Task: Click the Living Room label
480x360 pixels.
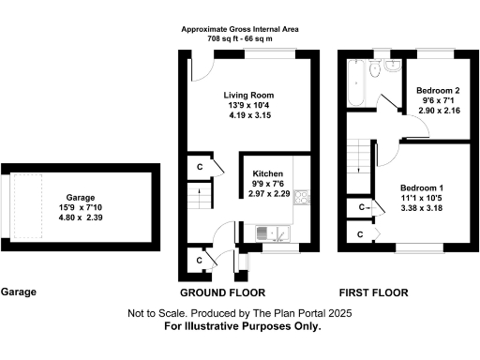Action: pyautogui.click(x=248, y=95)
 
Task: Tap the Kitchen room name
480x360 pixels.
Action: pyautogui.click(x=268, y=174)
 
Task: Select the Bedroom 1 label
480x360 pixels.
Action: pyautogui.click(x=422, y=188)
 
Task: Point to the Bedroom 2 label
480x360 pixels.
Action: pyautogui.click(x=439, y=89)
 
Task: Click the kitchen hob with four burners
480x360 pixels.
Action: pyautogui.click(x=303, y=197)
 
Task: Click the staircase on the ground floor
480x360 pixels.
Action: pyautogui.click(x=196, y=197)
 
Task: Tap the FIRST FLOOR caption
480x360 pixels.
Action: pyautogui.click(x=374, y=292)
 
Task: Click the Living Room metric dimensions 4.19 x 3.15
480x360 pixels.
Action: pyautogui.click(x=248, y=117)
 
